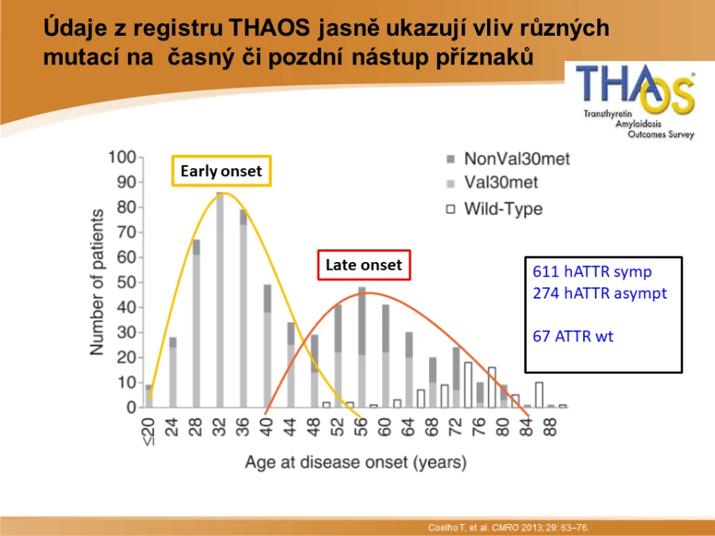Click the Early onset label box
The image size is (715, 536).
tap(222, 171)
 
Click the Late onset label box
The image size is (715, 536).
tap(364, 264)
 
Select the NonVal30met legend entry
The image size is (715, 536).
tap(508, 159)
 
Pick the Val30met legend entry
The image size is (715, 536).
tap(492, 183)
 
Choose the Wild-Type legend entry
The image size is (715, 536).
tap(494, 209)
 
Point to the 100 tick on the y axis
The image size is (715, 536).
tap(122, 157)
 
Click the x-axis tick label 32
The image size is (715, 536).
tap(220, 427)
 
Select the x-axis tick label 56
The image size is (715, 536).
tap(361, 427)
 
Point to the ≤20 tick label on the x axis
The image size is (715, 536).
tap(149, 432)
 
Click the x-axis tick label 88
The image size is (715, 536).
tap(551, 427)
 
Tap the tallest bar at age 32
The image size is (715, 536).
tap(220, 300)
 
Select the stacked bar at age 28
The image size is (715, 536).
tap(196, 324)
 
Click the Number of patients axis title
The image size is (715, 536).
tap(97, 282)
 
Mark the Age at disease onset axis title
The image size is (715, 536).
tap(356, 462)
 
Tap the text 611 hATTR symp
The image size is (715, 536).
tap(592, 272)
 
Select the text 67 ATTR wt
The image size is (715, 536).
tap(573, 337)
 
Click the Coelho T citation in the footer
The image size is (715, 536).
tap(508, 527)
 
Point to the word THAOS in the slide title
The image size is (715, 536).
tap(269, 28)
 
